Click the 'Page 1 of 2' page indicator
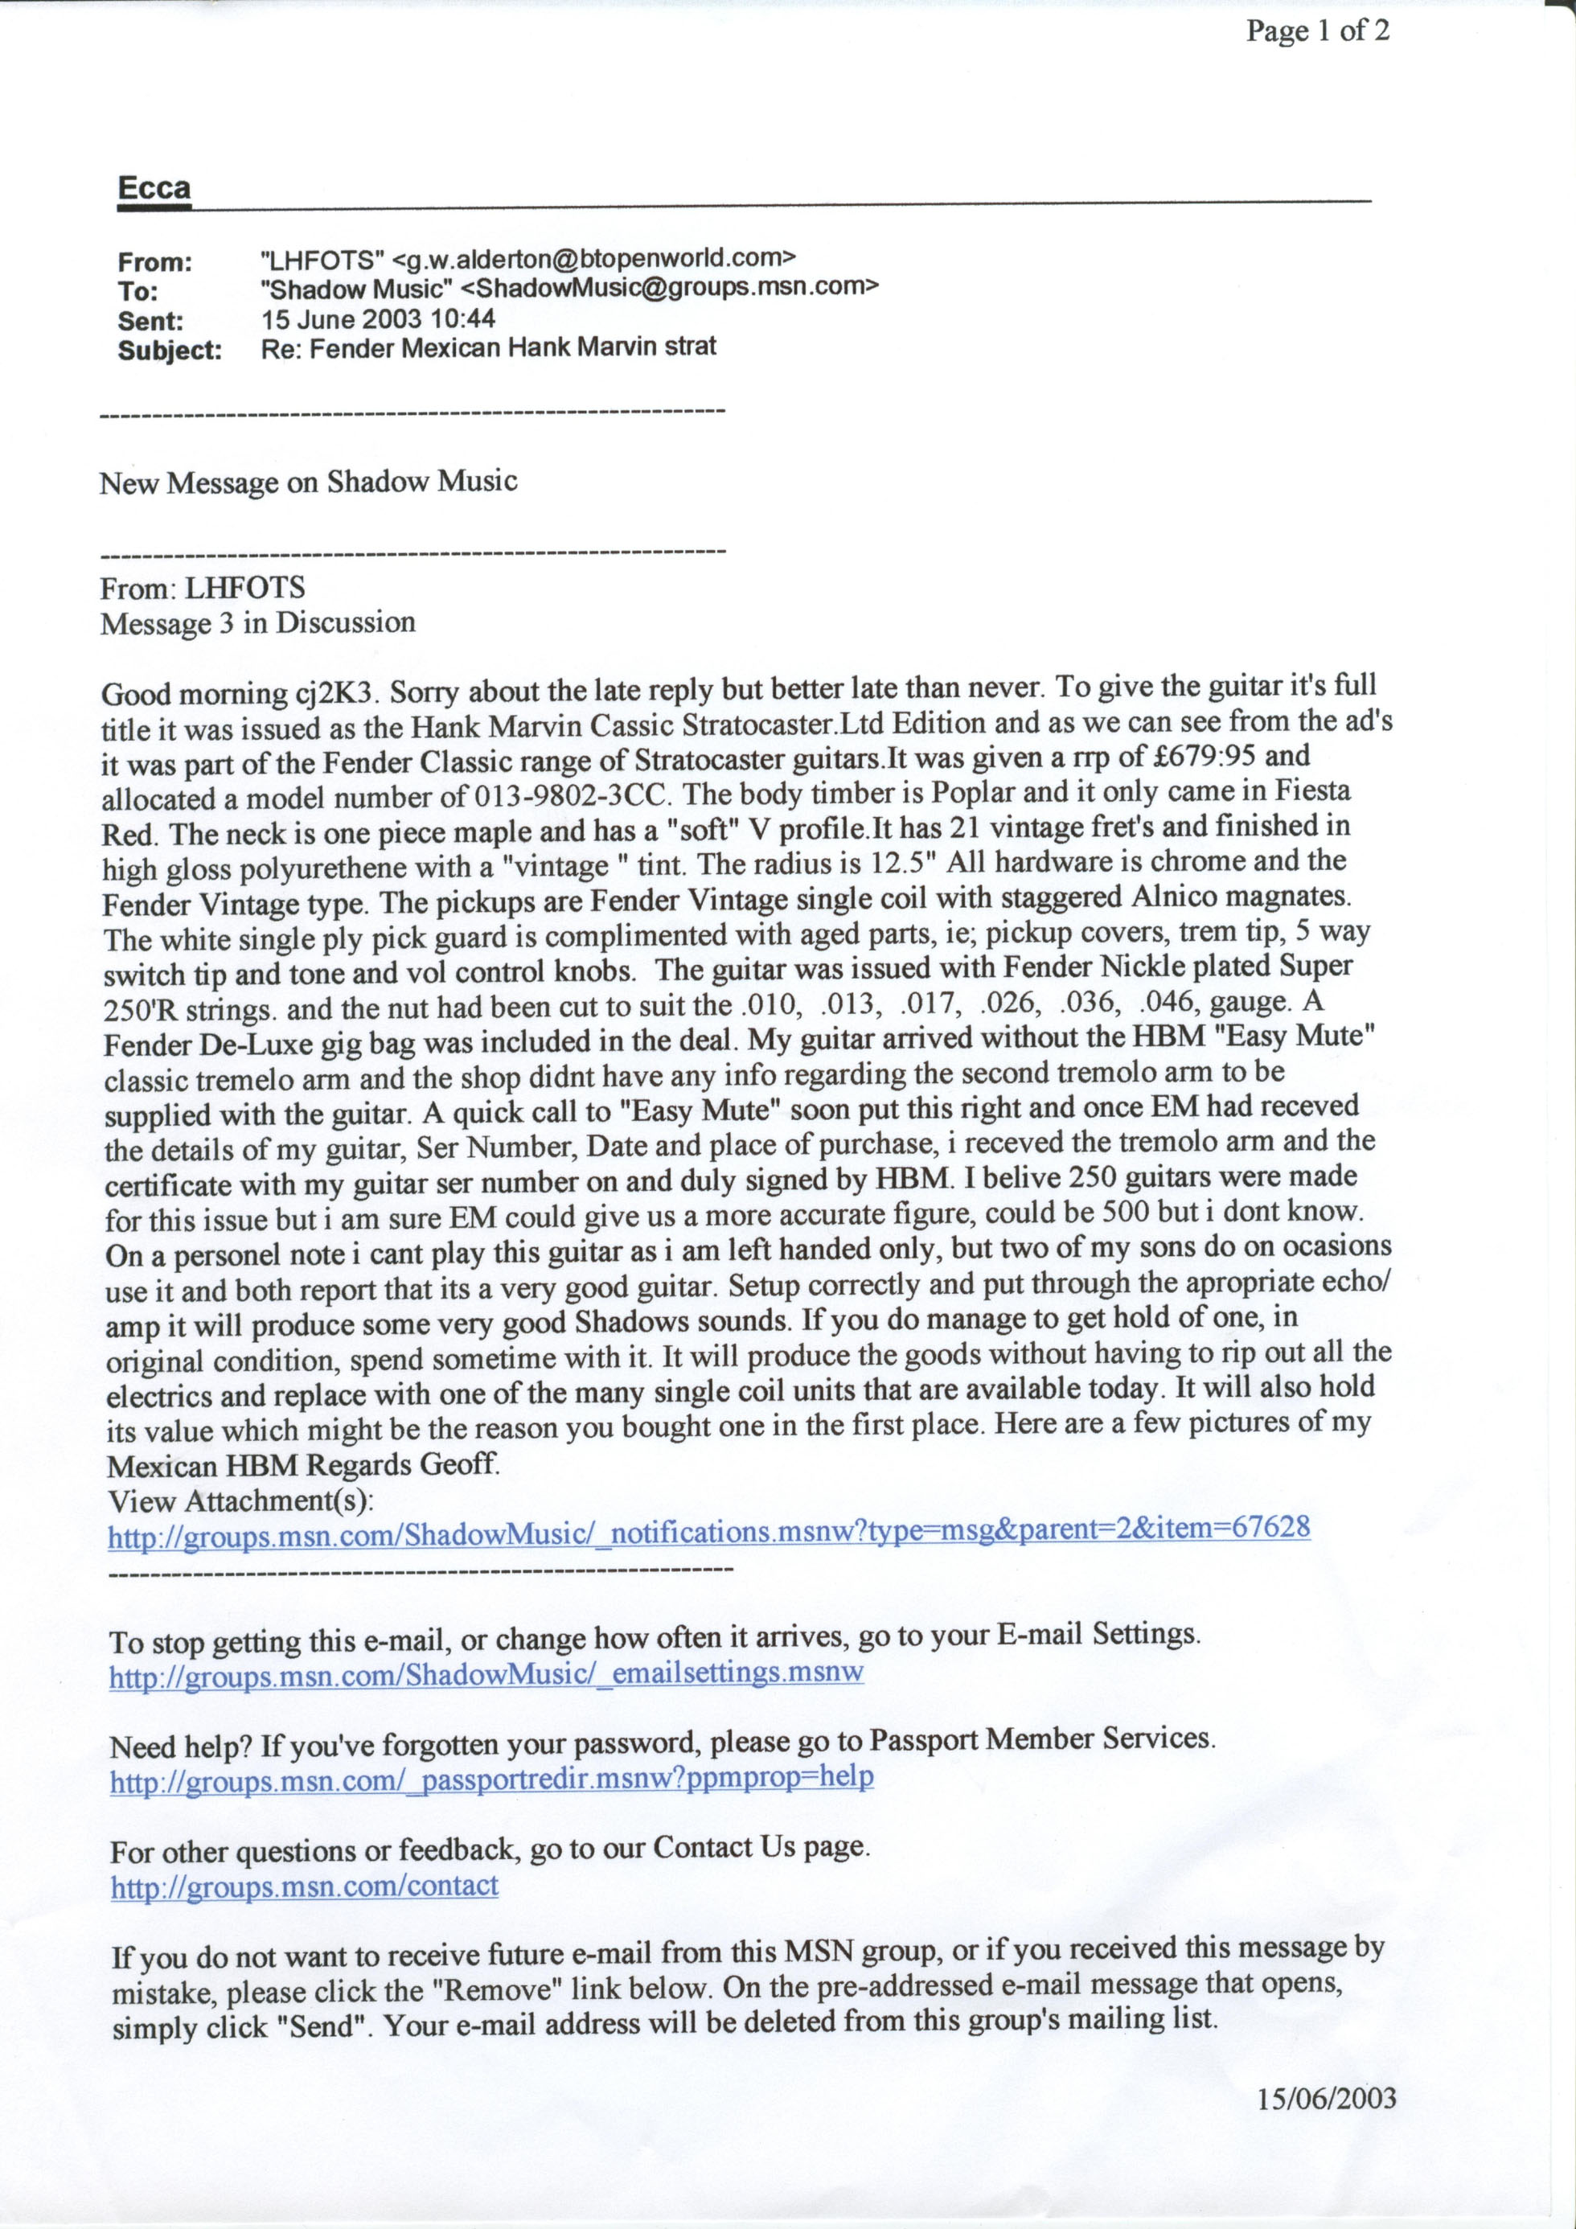tap(1317, 32)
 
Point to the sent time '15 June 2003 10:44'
tap(378, 318)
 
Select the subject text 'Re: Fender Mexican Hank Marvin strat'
tap(488, 347)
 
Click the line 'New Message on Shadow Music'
tap(308, 482)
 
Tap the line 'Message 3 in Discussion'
tap(257, 622)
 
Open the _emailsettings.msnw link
tap(486, 1673)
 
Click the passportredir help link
tap(491, 1780)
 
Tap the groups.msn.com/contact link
tap(304, 1886)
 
